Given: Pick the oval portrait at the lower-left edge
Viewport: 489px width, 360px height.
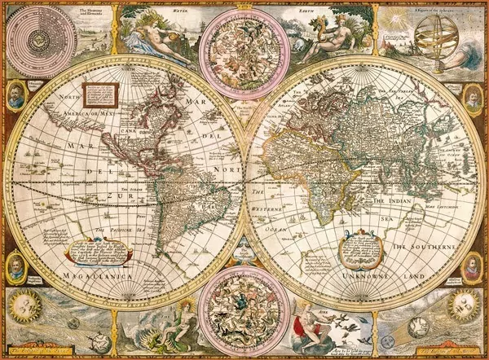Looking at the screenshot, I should [x=16, y=267].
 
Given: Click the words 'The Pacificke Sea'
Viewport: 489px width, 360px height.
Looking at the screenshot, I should [x=113, y=230].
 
